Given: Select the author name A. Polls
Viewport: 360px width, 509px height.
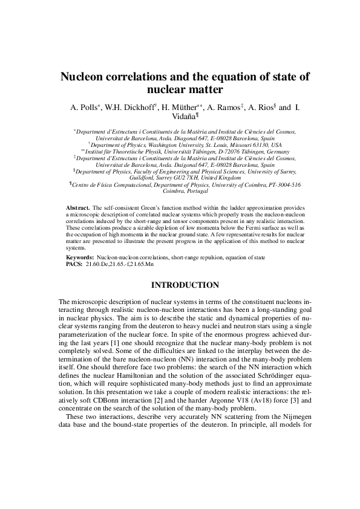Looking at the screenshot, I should click(84, 108).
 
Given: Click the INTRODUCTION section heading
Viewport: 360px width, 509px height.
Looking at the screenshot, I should click(180, 285).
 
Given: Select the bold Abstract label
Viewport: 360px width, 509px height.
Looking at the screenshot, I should click(78, 207).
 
